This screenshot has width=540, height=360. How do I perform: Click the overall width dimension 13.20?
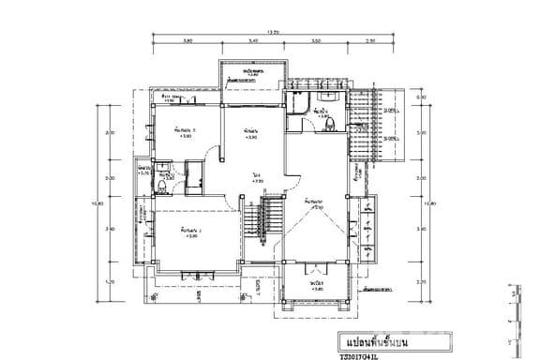point(274,32)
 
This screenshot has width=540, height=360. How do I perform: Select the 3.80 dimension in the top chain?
point(187,41)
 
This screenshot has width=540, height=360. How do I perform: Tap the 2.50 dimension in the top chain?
point(370,41)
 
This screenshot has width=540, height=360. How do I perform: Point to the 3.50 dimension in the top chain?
point(316,41)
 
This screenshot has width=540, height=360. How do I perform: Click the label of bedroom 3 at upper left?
point(184,132)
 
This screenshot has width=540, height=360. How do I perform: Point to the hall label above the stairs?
point(256,178)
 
